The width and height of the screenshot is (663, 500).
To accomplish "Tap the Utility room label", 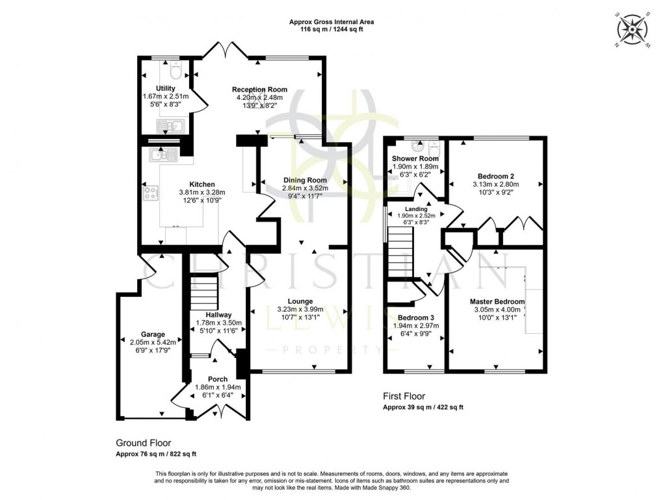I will tap(165, 88).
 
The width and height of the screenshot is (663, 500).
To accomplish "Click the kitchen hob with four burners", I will tap(151, 193).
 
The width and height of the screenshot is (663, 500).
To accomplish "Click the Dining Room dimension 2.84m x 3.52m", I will tap(305, 188).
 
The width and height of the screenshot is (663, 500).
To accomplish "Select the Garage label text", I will tap(150, 334).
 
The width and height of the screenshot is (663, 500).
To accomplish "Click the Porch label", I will tap(218, 379).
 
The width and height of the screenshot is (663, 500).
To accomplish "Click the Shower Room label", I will tap(415, 158).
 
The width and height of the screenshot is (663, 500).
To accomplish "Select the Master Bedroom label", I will tap(497, 302).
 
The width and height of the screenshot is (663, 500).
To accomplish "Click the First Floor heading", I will tap(404, 395).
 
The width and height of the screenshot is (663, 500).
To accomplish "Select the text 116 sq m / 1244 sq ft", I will tap(331, 30).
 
